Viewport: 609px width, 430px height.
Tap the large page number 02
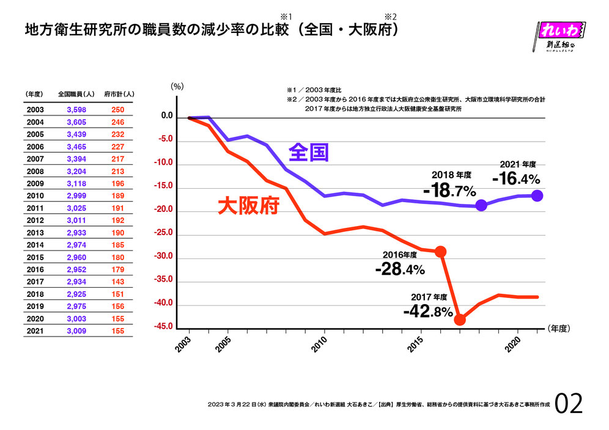coord(569,403)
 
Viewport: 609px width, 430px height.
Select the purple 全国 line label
coord(309,152)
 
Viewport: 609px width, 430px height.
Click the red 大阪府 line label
coord(248,205)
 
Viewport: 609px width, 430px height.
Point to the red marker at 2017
coord(460,319)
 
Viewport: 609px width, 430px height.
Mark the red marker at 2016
coord(440,252)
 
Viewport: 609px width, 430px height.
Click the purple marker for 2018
coord(481,205)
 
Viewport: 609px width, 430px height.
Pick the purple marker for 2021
coord(537,195)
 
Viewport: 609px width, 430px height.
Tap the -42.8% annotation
coord(427,312)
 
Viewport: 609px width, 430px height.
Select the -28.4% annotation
coord(400,268)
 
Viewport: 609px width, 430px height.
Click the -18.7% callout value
coord(449,191)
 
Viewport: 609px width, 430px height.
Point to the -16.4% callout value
coord(516,178)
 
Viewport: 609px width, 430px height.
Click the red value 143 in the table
coord(119,282)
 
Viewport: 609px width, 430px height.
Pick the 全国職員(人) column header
coord(75,94)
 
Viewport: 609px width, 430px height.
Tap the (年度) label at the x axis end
coord(558,328)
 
